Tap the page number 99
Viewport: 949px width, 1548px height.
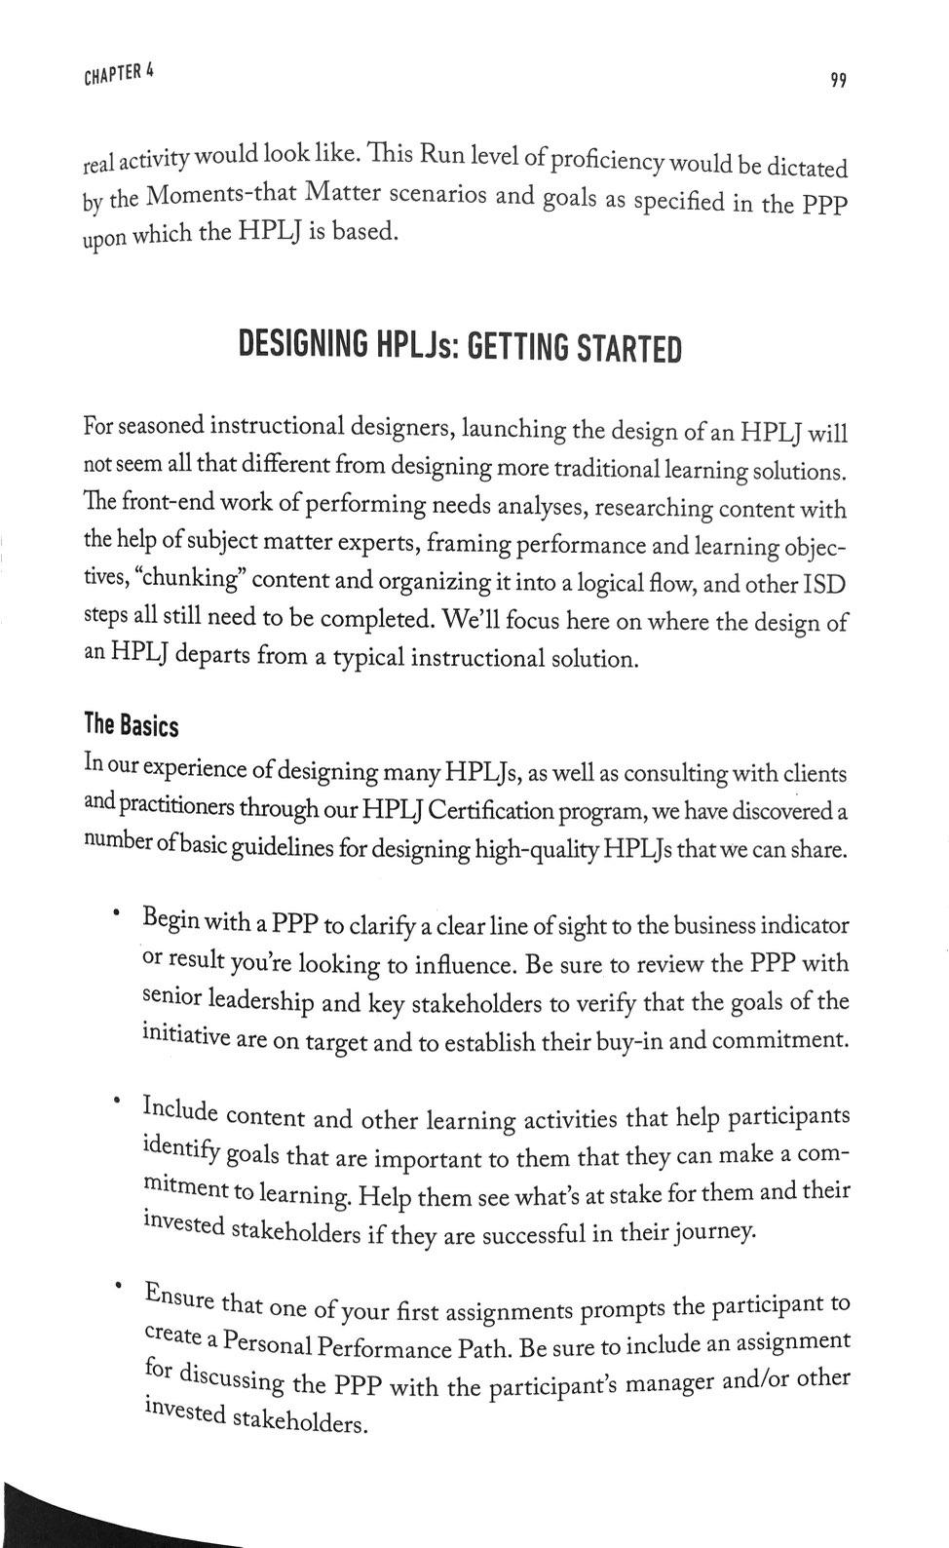[838, 80]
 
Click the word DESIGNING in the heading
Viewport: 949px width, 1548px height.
[304, 345]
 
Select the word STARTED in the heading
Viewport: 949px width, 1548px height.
[629, 348]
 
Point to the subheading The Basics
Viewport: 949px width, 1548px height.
[132, 725]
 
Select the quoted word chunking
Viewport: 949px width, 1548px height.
[195, 578]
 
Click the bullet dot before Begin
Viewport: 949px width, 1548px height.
[116, 913]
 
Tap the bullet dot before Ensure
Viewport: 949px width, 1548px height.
[116, 1287]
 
